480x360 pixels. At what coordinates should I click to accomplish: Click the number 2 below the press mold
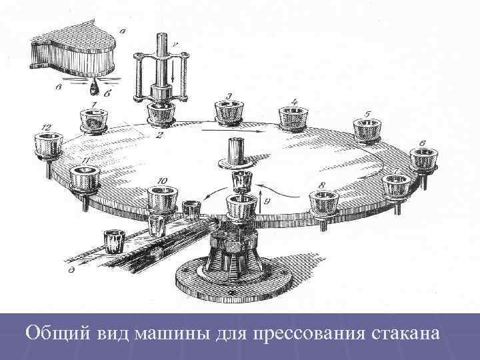coord(159,135)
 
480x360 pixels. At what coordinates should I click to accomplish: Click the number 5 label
coord(367,113)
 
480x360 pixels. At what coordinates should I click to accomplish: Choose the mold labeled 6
coord(424,160)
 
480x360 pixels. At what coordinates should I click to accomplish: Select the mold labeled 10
coord(163,199)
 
